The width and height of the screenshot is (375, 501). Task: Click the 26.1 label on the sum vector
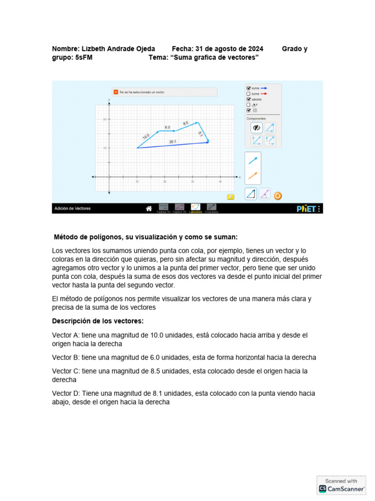pos(172,141)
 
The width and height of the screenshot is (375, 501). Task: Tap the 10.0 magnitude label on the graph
pos(146,137)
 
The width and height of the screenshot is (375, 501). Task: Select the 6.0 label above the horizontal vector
pos(167,127)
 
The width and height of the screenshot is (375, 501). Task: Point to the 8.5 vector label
pos(186,122)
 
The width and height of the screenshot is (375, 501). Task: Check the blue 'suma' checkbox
pos(249,88)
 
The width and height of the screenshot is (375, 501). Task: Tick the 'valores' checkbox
pos(249,99)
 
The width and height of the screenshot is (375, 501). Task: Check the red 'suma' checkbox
pos(249,93)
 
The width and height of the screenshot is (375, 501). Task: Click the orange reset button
pos(278,196)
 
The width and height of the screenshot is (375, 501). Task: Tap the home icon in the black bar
pos(148,208)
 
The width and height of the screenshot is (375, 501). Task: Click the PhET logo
pos(306,208)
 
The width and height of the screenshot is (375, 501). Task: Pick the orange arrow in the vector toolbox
pos(253,175)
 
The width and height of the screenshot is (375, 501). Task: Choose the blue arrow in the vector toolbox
pos(253,160)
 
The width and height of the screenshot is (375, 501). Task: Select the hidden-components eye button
pos(256,128)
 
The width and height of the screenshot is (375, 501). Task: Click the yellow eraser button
pos(230,197)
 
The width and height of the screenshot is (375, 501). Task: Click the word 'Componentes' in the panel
pos(256,118)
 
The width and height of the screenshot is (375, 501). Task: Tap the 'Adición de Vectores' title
pos(72,208)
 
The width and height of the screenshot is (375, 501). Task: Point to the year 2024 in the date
pos(254,49)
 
